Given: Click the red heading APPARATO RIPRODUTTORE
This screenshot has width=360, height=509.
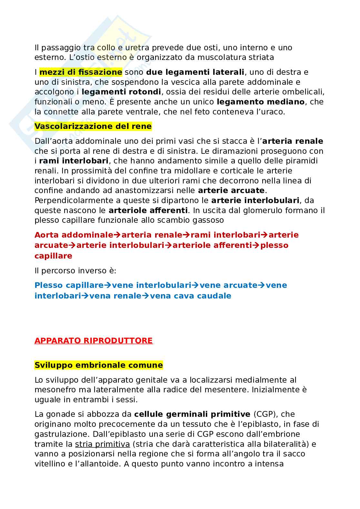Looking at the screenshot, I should tap(93, 341).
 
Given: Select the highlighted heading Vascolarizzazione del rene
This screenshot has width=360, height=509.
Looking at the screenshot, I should tap(93, 126).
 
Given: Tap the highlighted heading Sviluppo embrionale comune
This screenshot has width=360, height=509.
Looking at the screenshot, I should tap(98, 365).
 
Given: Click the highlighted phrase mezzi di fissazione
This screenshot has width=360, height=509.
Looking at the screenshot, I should tap(81, 72).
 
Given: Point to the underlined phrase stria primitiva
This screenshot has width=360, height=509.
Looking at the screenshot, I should tap(102, 444).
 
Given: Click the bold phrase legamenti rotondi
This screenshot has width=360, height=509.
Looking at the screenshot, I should tap(121, 92).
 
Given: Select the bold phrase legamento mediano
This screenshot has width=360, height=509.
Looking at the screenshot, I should tap(261, 102).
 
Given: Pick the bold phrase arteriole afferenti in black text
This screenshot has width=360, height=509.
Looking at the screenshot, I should tap(148, 210).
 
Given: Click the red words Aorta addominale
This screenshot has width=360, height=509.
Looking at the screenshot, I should tap(74, 235).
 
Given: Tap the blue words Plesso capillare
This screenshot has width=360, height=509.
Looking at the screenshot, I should tap(69, 285).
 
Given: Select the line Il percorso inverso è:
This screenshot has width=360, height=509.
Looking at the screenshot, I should tap(75, 271).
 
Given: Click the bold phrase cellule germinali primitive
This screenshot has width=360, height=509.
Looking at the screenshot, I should tap(192, 414).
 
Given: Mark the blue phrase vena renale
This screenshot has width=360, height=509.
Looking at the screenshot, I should tap(115, 296).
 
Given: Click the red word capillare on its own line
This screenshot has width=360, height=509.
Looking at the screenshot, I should tap(53, 256).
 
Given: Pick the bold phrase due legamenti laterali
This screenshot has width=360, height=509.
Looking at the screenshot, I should tap(195, 72).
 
